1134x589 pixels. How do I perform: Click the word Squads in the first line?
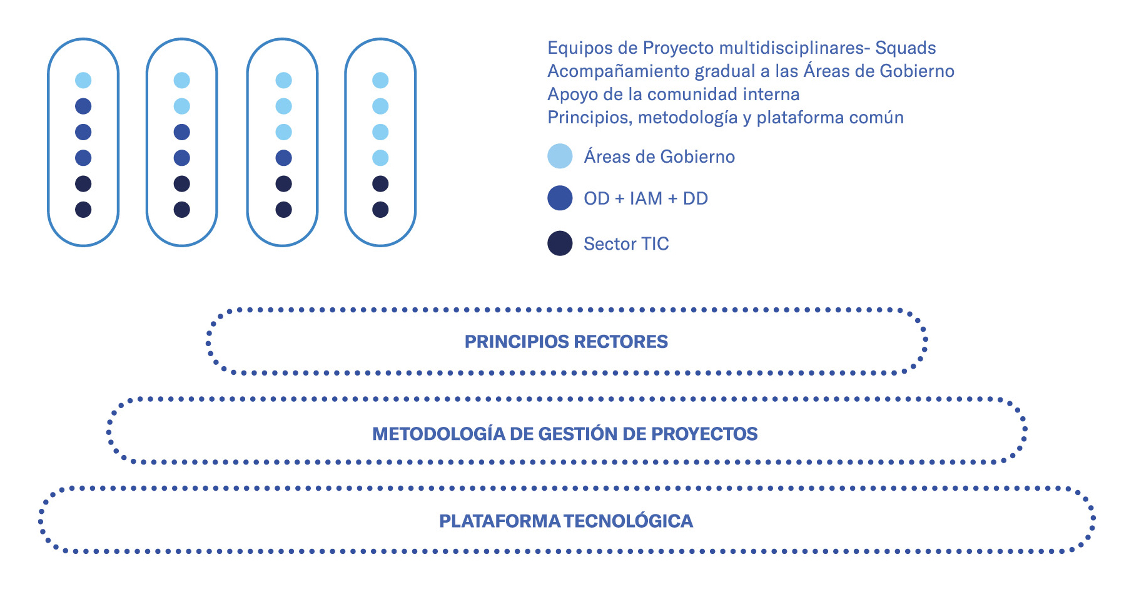[x=905, y=48]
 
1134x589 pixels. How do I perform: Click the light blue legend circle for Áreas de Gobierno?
[x=560, y=156]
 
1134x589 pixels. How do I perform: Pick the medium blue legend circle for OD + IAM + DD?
[x=560, y=198]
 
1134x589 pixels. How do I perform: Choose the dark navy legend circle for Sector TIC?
[x=560, y=243]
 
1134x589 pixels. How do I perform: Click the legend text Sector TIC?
[x=626, y=243]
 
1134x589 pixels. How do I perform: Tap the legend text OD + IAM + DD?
[x=645, y=198]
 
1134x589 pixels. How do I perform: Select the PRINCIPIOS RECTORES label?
[x=566, y=342]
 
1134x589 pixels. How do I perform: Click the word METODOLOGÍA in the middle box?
[x=438, y=434]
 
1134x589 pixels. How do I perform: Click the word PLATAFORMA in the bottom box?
[x=499, y=521]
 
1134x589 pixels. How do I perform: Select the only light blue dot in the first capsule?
[x=83, y=80]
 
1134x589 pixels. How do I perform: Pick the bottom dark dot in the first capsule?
[x=83, y=210]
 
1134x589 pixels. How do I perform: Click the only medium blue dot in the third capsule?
[x=283, y=158]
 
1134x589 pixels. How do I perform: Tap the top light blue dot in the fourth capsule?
[x=380, y=80]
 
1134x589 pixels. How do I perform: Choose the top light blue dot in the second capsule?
[x=181, y=80]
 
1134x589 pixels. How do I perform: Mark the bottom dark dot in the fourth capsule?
[x=380, y=210]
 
